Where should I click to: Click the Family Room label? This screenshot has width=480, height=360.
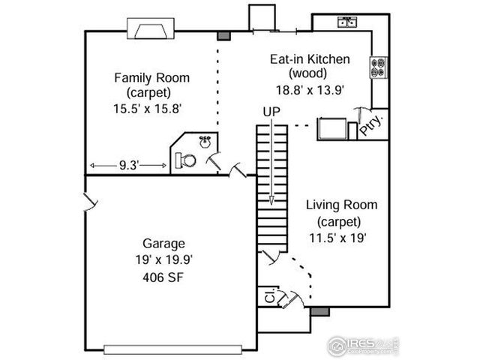tap(151, 77)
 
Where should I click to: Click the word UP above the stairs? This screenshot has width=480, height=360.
tap(271, 112)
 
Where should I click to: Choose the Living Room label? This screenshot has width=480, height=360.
tap(340, 205)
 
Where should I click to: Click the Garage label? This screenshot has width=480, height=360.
tap(163, 243)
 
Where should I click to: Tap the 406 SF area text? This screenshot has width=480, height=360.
tap(163, 277)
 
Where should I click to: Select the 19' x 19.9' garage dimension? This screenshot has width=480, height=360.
tap(163, 260)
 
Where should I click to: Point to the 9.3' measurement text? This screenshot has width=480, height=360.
tap(127, 165)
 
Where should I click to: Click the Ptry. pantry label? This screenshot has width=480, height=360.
tap(372, 125)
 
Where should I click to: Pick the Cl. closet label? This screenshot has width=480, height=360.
tap(268, 297)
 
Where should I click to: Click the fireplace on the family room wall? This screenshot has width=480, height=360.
tap(153, 29)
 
